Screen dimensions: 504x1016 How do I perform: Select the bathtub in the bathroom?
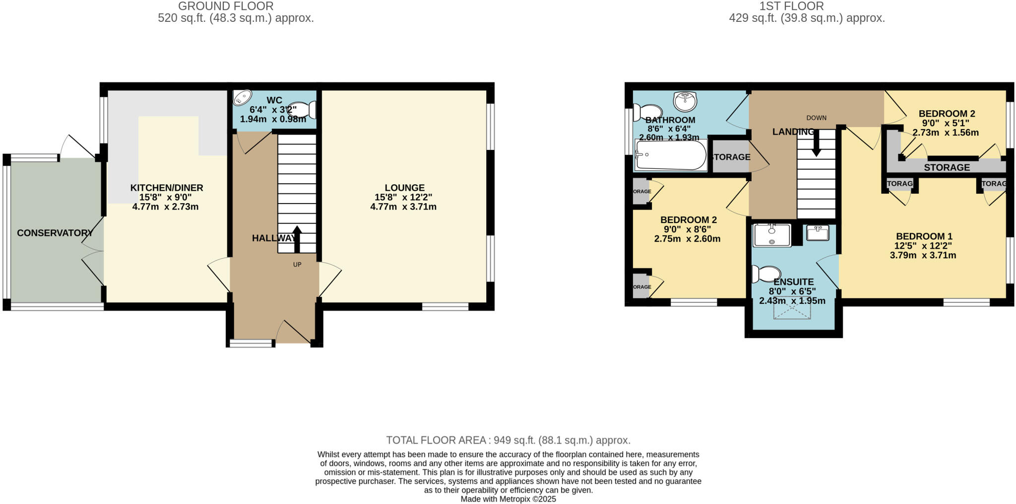(x=671, y=155)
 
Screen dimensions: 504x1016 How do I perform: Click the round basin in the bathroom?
(x=685, y=102)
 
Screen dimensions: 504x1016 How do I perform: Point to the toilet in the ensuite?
(x=766, y=274)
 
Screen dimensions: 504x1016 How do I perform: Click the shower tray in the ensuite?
(x=772, y=235)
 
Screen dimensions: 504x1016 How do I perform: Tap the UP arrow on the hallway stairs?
(x=297, y=239)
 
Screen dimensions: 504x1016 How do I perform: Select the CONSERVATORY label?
(x=55, y=233)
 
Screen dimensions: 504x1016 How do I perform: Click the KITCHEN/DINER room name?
(x=167, y=188)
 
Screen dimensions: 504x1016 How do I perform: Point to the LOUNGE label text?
(x=404, y=188)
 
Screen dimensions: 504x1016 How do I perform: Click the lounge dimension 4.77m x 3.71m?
(x=403, y=207)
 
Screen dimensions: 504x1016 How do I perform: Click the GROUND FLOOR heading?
(x=225, y=6)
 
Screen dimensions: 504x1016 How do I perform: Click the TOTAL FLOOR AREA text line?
(x=508, y=440)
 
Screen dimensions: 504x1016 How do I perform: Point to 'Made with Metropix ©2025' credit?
(x=508, y=499)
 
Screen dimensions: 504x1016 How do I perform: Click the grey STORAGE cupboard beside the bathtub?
(x=730, y=157)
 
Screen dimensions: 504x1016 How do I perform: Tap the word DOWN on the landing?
(x=816, y=118)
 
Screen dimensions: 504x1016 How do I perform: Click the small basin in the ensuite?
(x=817, y=232)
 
